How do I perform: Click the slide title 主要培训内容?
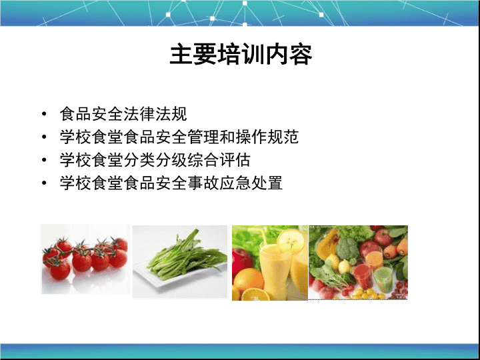[241, 55]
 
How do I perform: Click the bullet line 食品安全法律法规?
[123, 114]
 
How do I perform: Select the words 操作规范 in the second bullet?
[267, 137]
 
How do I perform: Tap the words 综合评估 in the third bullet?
[219, 160]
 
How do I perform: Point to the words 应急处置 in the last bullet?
[251, 183]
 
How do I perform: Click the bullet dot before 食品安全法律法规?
[45, 114]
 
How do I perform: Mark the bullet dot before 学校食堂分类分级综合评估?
[45, 160]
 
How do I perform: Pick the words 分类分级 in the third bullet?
[155, 160]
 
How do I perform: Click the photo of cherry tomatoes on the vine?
[85, 259]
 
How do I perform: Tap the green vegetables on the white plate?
[185, 257]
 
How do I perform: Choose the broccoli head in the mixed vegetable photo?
[347, 249]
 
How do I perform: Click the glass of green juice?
[383, 279]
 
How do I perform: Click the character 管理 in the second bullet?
[203, 137]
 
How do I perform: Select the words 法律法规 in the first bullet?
[155, 114]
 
